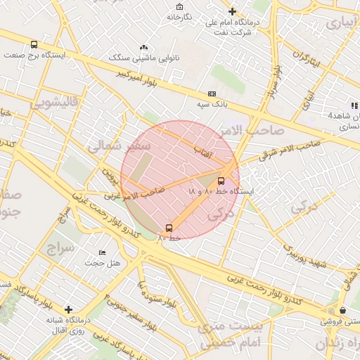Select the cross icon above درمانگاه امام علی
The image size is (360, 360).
coord(233,11)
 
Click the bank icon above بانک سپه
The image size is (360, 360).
coord(212,94)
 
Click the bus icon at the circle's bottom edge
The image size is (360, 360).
coord(169,228)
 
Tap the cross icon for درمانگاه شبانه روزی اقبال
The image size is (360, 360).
coord(68,309)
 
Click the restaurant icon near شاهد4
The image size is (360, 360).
coord(335,105)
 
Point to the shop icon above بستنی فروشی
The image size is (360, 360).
coord(342,310)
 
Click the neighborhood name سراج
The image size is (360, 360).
coord(60,248)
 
